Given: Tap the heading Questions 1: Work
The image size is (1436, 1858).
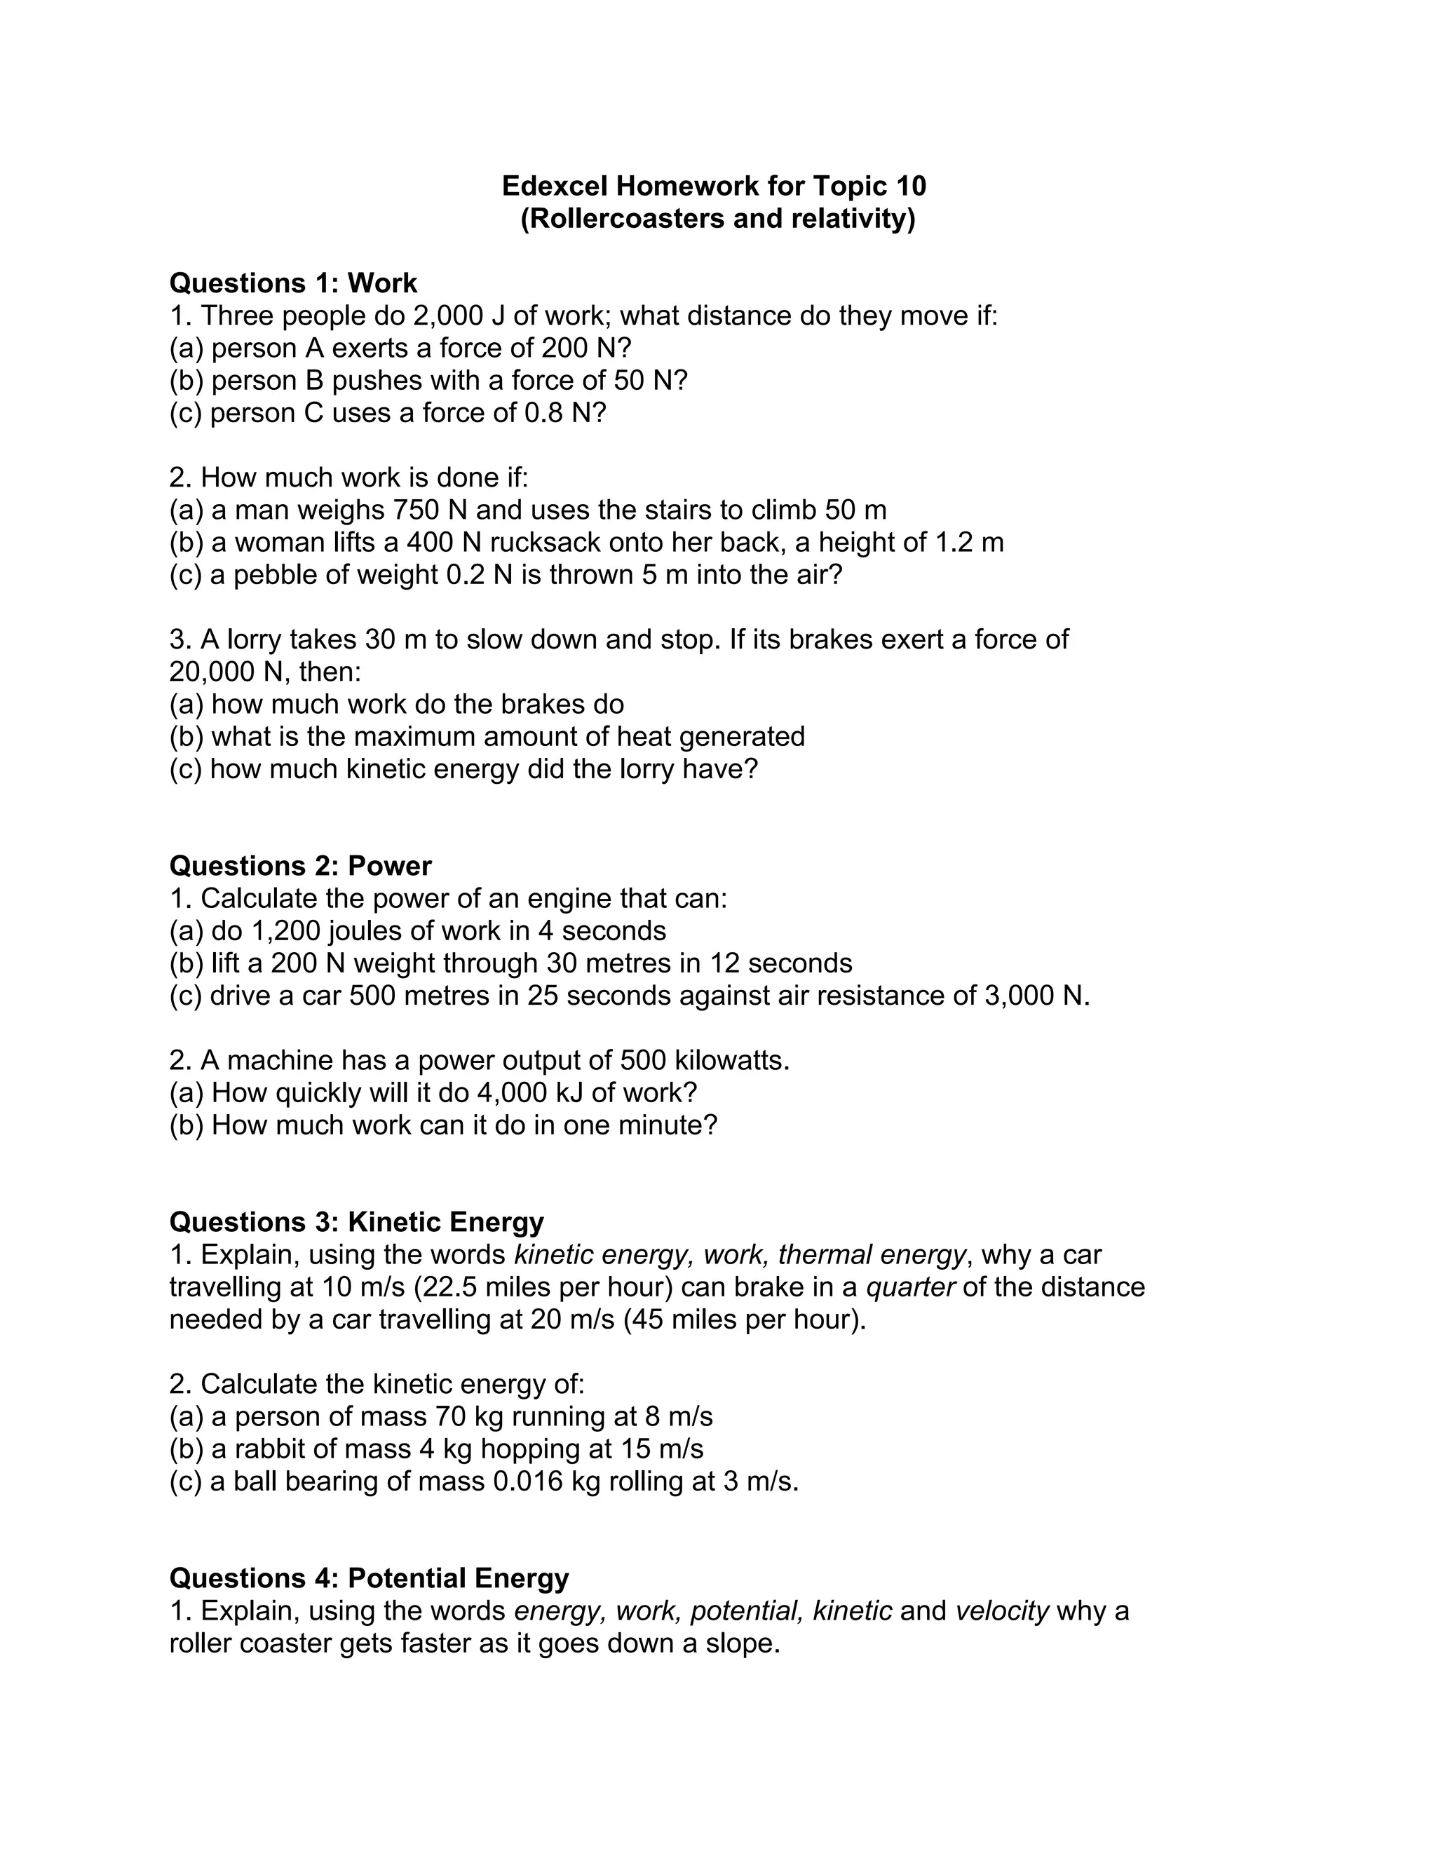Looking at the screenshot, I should (294, 283).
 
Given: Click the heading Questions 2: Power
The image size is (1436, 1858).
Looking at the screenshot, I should (300, 866).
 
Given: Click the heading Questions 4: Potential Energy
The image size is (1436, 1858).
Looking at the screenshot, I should (370, 1578).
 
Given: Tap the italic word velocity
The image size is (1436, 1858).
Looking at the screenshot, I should (1001, 1611).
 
